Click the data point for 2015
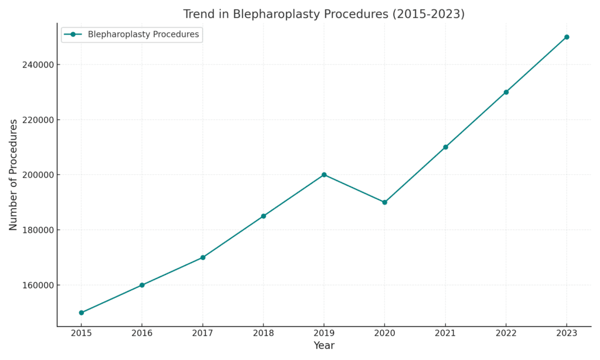pos(81,313)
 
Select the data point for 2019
pos(324,175)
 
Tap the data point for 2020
pos(384,202)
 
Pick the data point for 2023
pos(567,37)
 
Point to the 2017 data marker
pos(203,257)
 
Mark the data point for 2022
pos(506,92)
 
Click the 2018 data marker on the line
pos(263,216)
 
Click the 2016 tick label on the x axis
pos(142,333)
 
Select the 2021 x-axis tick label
pos(445,333)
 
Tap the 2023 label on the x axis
pos(567,333)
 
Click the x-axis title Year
pos(324,346)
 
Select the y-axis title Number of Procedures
pos(13,175)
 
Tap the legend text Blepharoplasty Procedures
pos(143,35)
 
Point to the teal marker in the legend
pos(73,35)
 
